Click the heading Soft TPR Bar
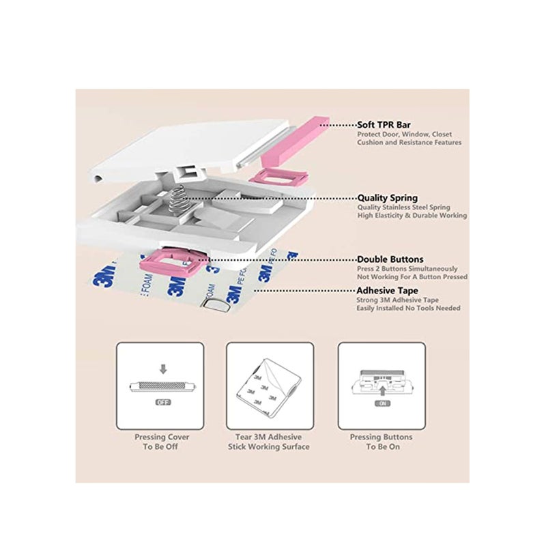pos(385,125)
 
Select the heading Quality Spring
pos(388,198)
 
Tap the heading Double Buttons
pos(390,259)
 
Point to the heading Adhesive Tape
pos(387,290)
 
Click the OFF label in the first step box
pos(162,403)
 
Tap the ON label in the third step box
pos(382,404)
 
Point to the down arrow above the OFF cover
pos(162,369)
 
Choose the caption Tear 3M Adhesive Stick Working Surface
pos(269,442)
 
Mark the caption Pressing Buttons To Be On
pos(381,442)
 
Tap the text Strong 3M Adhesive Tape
pos(397,300)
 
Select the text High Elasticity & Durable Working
pos(412,216)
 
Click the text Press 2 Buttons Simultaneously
pos(407,269)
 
